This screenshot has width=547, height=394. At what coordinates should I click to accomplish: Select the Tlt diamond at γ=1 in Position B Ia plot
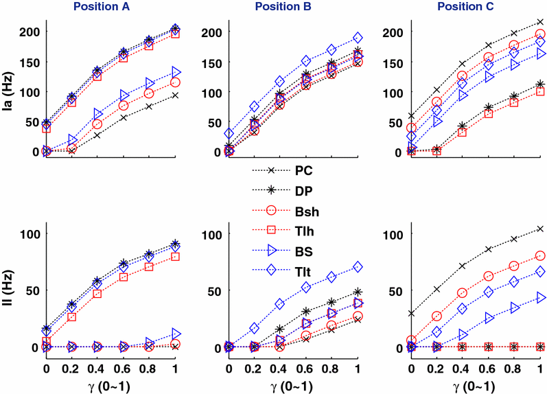pos(357,38)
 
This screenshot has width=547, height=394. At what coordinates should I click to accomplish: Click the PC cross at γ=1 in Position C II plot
pos(540,229)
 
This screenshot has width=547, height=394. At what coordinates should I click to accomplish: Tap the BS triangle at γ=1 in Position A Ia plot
pos(175,72)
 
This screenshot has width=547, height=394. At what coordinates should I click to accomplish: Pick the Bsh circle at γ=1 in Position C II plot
pos(540,255)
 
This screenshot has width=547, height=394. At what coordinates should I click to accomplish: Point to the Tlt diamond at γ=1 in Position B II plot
pos(357,266)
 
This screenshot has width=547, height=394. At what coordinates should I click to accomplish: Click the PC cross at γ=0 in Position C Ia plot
pos(411,116)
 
